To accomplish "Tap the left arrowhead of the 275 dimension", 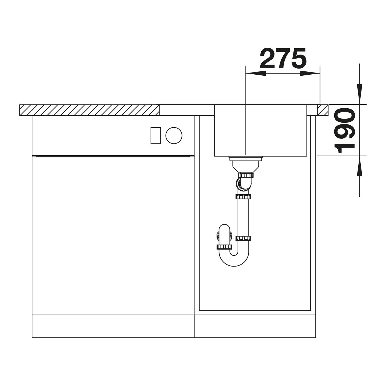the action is pyautogui.click(x=256, y=73).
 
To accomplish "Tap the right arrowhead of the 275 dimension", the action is pyautogui.click(x=310, y=73).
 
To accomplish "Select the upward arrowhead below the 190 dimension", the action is pyautogui.click(x=360, y=166).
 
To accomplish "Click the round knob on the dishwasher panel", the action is pyautogui.click(x=174, y=136).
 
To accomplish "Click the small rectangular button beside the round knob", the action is pyautogui.click(x=156, y=136).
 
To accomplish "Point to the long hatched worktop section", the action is pyautogui.click(x=89, y=110).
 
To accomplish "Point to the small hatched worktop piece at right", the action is pyautogui.click(x=322, y=110).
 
